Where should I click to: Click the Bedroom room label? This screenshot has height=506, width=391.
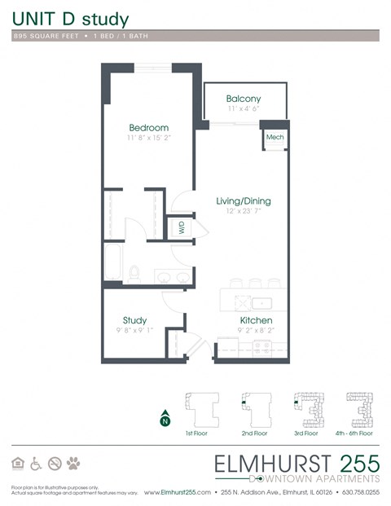149,128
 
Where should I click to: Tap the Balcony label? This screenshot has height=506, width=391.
244,99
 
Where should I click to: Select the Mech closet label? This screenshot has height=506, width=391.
275,138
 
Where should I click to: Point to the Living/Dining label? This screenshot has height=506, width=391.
243,201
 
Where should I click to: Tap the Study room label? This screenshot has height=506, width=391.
134,320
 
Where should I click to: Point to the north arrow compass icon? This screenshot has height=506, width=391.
165,419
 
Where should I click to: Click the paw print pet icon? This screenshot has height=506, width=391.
74,464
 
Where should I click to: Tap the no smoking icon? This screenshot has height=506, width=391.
55,464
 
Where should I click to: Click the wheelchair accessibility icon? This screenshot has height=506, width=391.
36,464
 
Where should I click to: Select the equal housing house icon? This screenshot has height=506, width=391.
18,464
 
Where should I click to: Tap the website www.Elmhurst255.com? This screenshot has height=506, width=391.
187,493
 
